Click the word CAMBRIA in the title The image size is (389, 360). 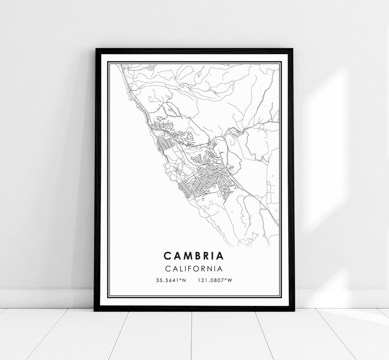pyautogui.click(x=193, y=256)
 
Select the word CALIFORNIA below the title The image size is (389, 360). pyautogui.click(x=193, y=269)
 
